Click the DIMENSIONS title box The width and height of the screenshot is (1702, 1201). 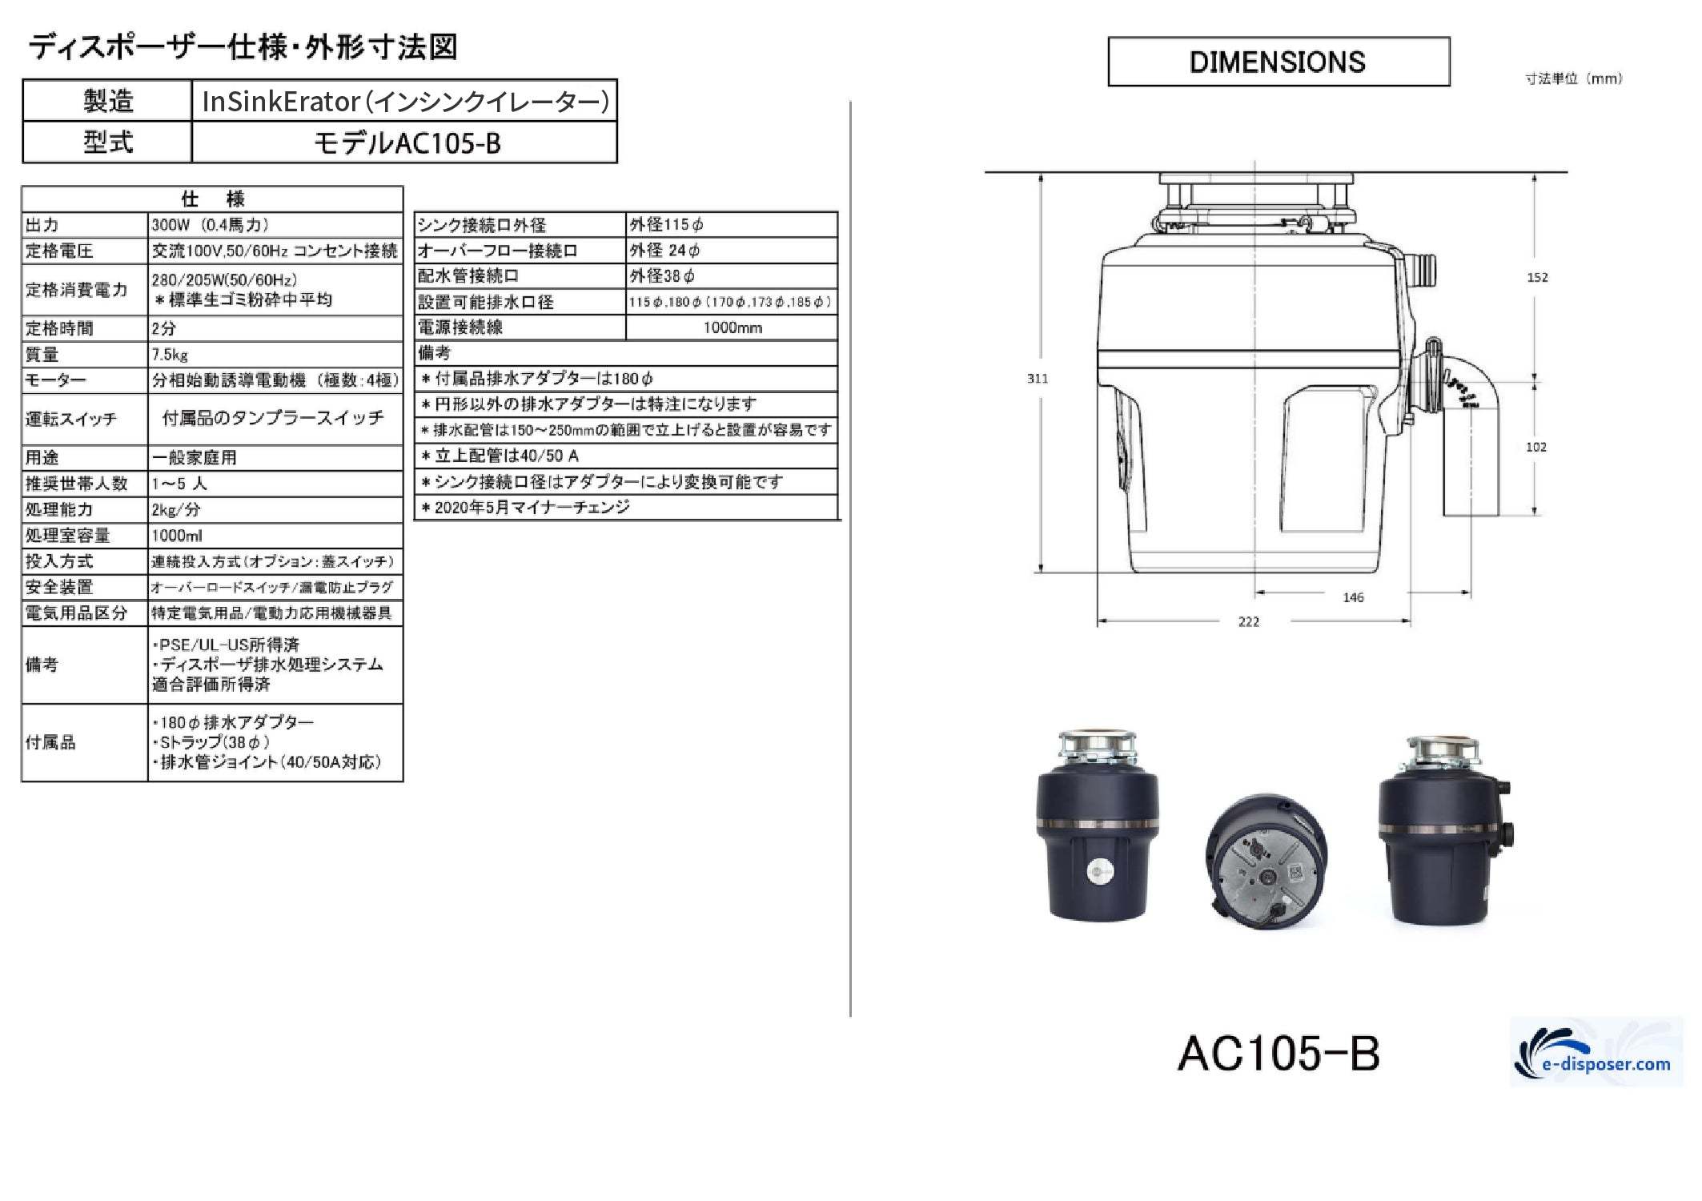click(x=1279, y=62)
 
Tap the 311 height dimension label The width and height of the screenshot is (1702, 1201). click(x=1038, y=379)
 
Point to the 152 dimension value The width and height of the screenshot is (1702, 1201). click(x=1537, y=278)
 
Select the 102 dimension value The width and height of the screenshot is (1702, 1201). click(x=1536, y=447)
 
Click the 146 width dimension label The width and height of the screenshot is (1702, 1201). click(x=1353, y=597)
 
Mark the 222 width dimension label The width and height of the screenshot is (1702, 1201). click(x=1249, y=621)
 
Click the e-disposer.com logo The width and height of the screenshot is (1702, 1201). click(x=1596, y=1052)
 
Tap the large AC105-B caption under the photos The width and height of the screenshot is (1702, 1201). click(x=1279, y=1053)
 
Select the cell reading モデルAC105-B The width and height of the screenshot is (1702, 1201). click(x=406, y=143)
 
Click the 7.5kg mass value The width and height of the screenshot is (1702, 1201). click(x=170, y=354)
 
